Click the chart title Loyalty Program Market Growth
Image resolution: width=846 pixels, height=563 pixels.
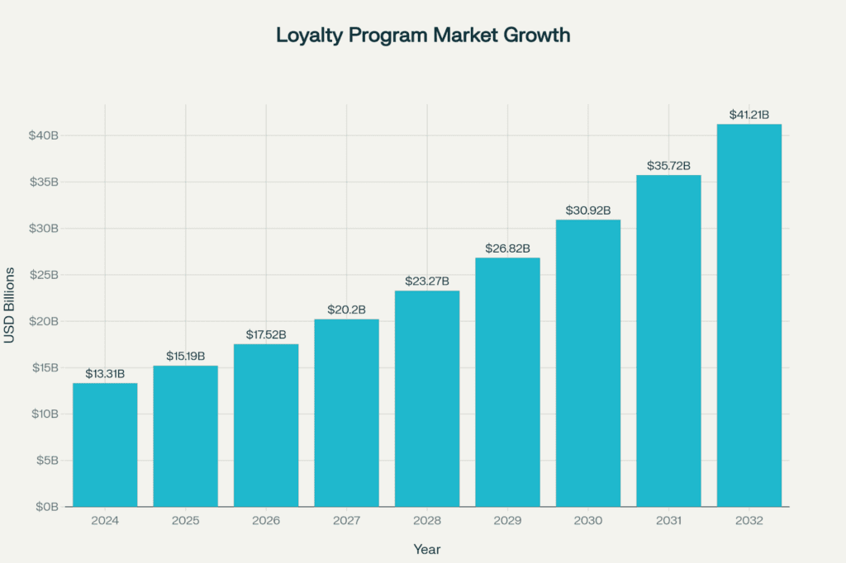[x=423, y=35]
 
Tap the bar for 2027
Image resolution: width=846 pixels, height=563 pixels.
[x=346, y=413]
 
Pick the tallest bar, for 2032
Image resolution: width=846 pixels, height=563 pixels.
[x=749, y=315]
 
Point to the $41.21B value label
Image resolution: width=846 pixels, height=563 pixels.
[x=749, y=115]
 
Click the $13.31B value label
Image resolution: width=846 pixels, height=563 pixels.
[x=105, y=374]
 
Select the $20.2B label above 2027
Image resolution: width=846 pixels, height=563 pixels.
[x=346, y=310]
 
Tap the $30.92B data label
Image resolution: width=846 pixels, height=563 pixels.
[x=587, y=211]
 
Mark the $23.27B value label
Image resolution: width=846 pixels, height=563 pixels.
[x=427, y=281]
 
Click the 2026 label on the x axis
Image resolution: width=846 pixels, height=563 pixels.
[x=266, y=521]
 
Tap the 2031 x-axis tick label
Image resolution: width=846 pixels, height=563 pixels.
[x=668, y=521]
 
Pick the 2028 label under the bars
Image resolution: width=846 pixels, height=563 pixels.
[x=427, y=521]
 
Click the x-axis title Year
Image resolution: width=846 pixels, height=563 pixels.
[x=427, y=549]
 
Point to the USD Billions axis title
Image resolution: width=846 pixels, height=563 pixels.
[x=10, y=305]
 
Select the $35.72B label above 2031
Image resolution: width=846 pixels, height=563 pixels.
[x=668, y=165]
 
